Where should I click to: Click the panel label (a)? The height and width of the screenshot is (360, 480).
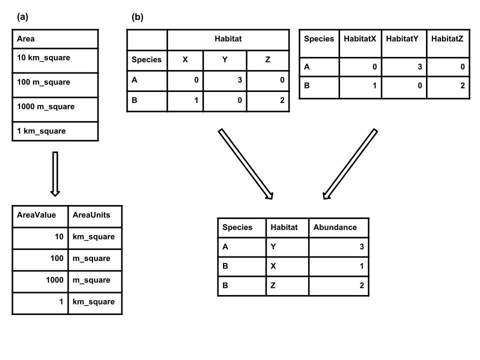(22, 17)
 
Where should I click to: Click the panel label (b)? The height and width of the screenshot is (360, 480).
(137, 17)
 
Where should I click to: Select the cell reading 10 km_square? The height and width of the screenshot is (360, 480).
(54, 60)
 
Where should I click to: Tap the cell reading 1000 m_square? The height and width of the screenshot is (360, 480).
(54, 109)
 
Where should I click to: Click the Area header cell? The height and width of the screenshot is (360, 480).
(54, 38)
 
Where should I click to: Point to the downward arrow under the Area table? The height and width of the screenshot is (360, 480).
(55, 174)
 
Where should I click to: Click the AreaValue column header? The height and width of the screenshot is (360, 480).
(39, 215)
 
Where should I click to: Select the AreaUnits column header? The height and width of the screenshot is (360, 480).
(94, 215)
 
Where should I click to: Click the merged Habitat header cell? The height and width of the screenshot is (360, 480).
(228, 39)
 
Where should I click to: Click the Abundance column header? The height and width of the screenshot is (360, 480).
(338, 227)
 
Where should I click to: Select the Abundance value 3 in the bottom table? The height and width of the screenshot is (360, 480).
(338, 246)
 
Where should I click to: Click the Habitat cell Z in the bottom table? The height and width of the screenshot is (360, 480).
(287, 286)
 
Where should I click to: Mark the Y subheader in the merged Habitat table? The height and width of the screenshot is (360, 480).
(224, 60)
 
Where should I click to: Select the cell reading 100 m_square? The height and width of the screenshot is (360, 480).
(54, 85)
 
